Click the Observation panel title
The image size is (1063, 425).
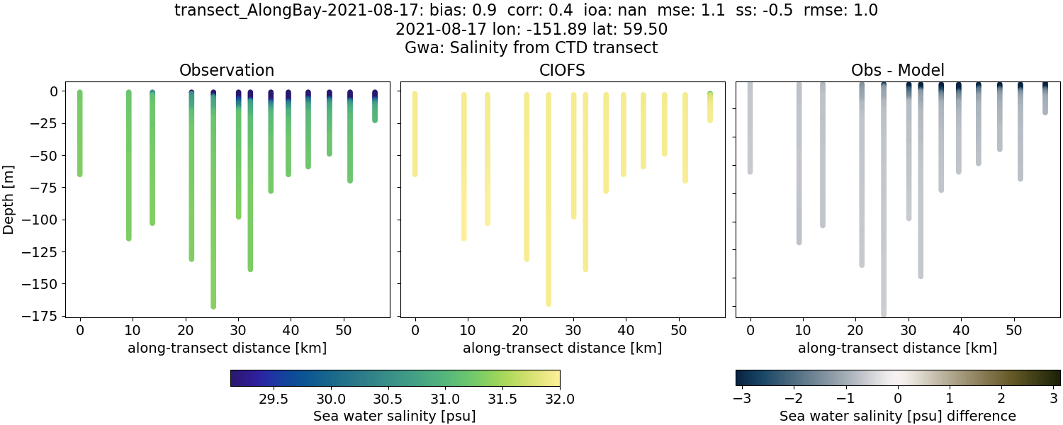tap(227, 70)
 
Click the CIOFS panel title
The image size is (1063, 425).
tap(562, 70)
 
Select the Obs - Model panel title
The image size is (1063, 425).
tap(897, 70)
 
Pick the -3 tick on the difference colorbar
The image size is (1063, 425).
tap(742, 399)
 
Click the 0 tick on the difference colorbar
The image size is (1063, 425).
tap(897, 399)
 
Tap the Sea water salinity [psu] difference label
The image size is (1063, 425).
tap(897, 416)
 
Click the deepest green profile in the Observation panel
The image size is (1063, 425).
tap(213, 212)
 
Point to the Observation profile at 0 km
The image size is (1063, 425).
tap(80, 135)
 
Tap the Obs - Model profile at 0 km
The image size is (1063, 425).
tap(750, 127)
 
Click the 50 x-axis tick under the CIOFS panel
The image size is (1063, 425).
tap(679, 330)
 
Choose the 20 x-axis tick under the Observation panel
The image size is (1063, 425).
tap(186, 330)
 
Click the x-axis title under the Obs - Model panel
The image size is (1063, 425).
tap(897, 348)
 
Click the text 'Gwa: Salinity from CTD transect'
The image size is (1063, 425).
tap(531, 48)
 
